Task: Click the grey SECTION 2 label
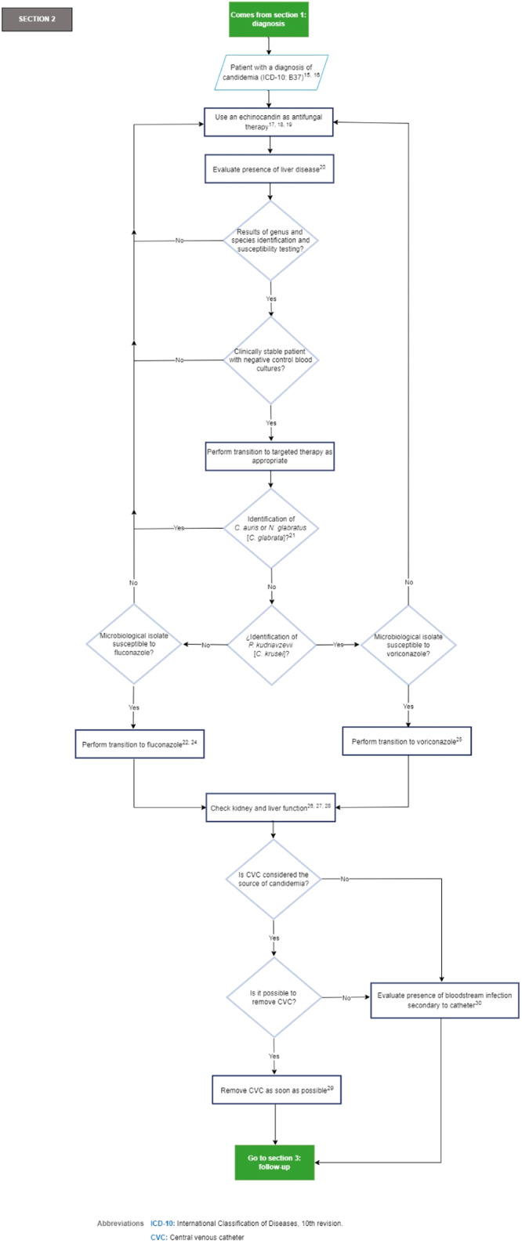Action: coord(37,18)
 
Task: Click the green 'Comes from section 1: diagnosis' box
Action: coord(270,19)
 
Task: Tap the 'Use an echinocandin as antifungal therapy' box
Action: coord(270,122)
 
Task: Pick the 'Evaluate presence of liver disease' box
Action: coord(270,169)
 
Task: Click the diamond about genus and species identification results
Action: coord(270,240)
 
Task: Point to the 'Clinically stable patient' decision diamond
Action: coord(270,360)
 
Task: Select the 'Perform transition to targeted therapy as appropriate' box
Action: coord(270,458)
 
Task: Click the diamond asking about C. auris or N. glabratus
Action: coord(270,528)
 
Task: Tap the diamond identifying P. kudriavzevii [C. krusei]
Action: coord(270,645)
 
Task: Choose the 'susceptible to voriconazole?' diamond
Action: coord(407,645)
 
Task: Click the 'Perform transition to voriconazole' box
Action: coord(407,740)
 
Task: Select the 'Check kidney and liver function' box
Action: coord(270,806)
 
